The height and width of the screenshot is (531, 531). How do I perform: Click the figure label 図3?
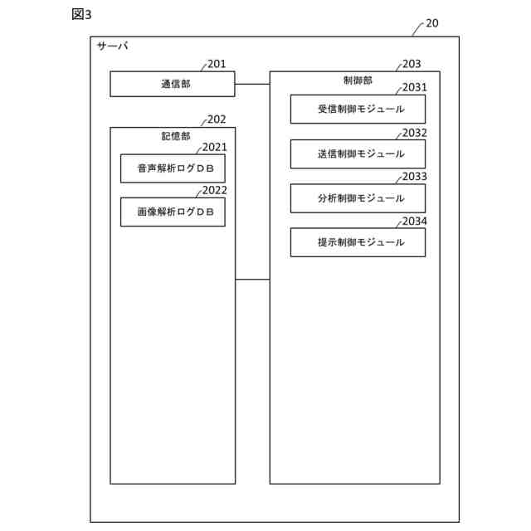tap(81, 15)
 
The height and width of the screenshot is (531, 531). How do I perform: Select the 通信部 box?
tap(173, 84)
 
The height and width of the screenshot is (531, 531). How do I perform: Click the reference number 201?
tap(217, 64)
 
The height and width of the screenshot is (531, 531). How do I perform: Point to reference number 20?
tap(431, 23)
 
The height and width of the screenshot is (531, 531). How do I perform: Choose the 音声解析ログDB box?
tap(173, 168)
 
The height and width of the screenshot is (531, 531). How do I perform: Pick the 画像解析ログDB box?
tap(173, 212)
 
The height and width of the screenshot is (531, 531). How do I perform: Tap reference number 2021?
tap(215, 148)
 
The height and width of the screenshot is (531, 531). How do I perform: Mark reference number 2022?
tap(215, 190)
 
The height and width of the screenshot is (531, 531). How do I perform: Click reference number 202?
tap(217, 119)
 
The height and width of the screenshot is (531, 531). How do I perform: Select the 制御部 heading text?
tap(358, 80)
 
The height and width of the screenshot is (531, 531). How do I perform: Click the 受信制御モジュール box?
tap(358, 110)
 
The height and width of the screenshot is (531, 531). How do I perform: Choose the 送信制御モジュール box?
tap(358, 153)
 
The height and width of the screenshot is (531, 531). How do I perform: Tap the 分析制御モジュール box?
tap(358, 198)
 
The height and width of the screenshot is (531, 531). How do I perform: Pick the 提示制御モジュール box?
tap(358, 242)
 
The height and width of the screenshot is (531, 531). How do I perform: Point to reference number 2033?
tap(414, 177)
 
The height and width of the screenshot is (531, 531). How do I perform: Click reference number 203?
tap(412, 64)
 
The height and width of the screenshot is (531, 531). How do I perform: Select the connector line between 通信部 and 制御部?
tap(252, 84)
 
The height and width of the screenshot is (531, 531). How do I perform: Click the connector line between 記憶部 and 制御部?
tap(252, 280)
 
